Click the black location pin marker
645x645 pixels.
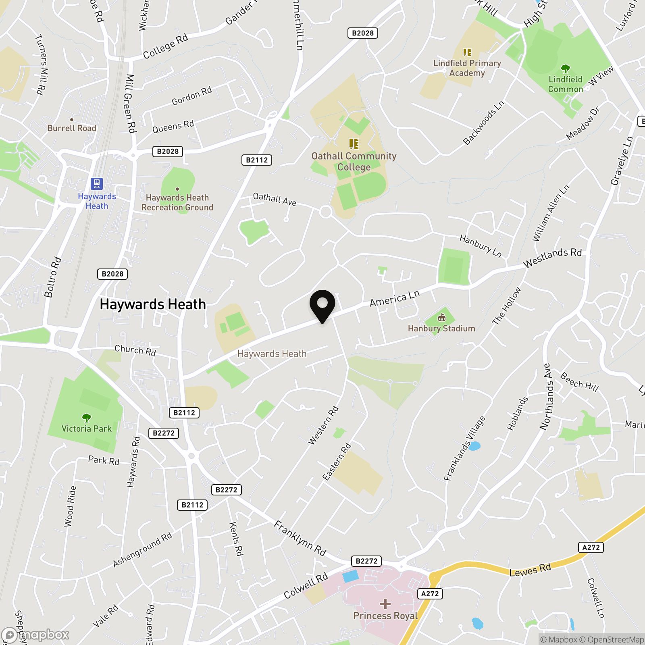tap(322, 305)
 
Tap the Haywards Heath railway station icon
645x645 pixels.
tap(97, 184)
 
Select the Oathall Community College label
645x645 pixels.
tap(354, 162)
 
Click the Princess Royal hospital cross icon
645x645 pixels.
tap(385, 603)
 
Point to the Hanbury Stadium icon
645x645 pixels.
tap(442, 318)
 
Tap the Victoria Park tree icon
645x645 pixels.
tap(86, 418)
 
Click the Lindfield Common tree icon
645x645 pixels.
tap(565, 69)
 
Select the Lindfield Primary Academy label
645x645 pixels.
tap(467, 68)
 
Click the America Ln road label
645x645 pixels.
tap(395, 298)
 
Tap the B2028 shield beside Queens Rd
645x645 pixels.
tap(168, 152)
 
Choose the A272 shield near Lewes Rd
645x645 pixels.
tap(591, 547)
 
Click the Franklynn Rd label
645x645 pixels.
tap(300, 538)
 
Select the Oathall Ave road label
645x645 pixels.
tap(275, 199)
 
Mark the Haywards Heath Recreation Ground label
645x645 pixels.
tap(177, 202)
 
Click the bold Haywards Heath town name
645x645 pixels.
tap(153, 304)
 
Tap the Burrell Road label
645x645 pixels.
tap(72, 128)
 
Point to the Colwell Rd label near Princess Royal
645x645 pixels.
tap(306, 586)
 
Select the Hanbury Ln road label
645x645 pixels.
tap(481, 246)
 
